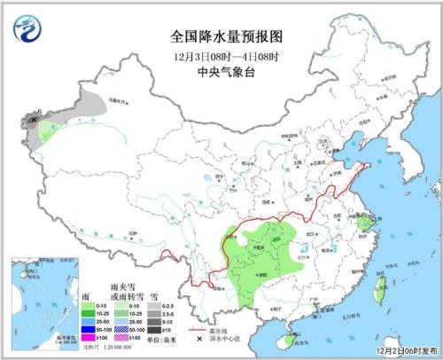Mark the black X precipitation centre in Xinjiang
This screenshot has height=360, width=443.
pos(35,118)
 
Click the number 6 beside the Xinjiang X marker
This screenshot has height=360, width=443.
pos(40,111)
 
